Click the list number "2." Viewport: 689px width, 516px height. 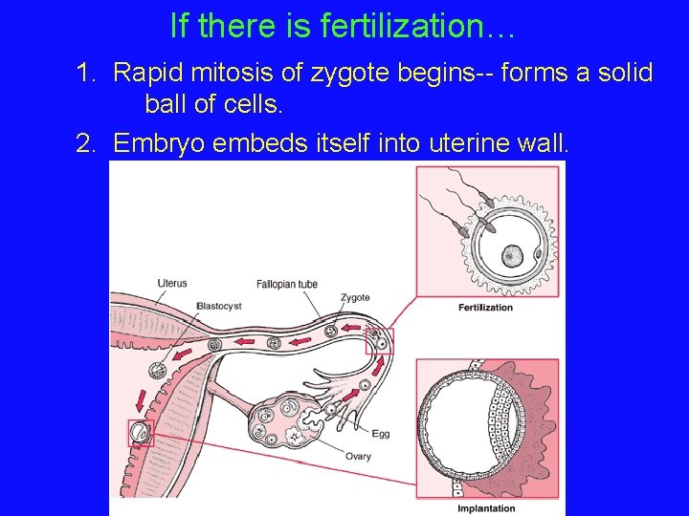point(88,143)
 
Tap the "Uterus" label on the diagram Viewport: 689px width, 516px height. point(172,283)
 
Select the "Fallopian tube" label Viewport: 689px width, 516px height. point(286,284)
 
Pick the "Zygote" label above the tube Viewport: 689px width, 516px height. point(355,297)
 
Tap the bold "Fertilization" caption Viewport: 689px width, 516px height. point(486,308)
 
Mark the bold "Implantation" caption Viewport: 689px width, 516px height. point(486,507)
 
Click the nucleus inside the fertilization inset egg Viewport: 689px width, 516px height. point(513,255)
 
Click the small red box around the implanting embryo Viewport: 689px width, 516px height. point(141,434)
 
